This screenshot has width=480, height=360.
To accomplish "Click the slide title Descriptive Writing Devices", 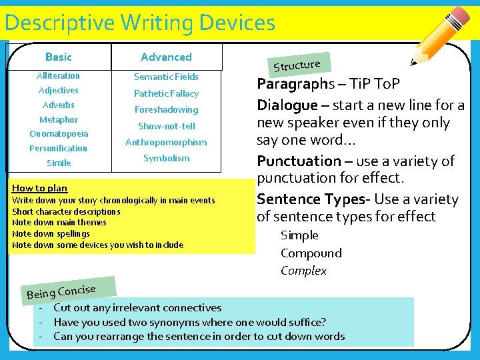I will click(x=139, y=23).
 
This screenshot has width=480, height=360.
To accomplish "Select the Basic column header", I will click(x=58, y=57).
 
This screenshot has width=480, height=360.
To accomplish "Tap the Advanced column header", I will click(x=166, y=57).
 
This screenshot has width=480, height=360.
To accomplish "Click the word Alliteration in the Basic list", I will click(x=58, y=76).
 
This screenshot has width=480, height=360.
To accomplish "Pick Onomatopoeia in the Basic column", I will click(x=58, y=133).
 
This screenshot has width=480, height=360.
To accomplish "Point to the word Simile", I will click(x=58, y=163).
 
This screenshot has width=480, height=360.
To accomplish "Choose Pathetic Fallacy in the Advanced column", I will click(x=166, y=93).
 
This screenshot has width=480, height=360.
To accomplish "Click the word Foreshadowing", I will click(x=166, y=109).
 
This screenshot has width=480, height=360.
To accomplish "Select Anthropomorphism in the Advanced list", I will click(x=166, y=142).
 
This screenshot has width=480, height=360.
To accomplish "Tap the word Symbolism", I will click(x=166, y=158).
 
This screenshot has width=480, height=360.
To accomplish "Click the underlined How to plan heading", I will click(x=39, y=189).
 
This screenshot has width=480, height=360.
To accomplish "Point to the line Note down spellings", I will click(x=51, y=234).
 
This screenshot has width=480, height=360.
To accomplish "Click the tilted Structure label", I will click(x=297, y=65).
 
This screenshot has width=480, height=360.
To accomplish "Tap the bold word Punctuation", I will click(x=299, y=161).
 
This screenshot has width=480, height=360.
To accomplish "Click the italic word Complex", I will click(x=303, y=271).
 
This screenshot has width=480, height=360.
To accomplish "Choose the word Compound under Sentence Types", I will click(x=311, y=253).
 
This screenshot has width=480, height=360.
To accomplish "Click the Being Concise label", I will click(x=61, y=291).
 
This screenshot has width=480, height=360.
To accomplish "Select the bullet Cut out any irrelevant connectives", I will click(x=137, y=308).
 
